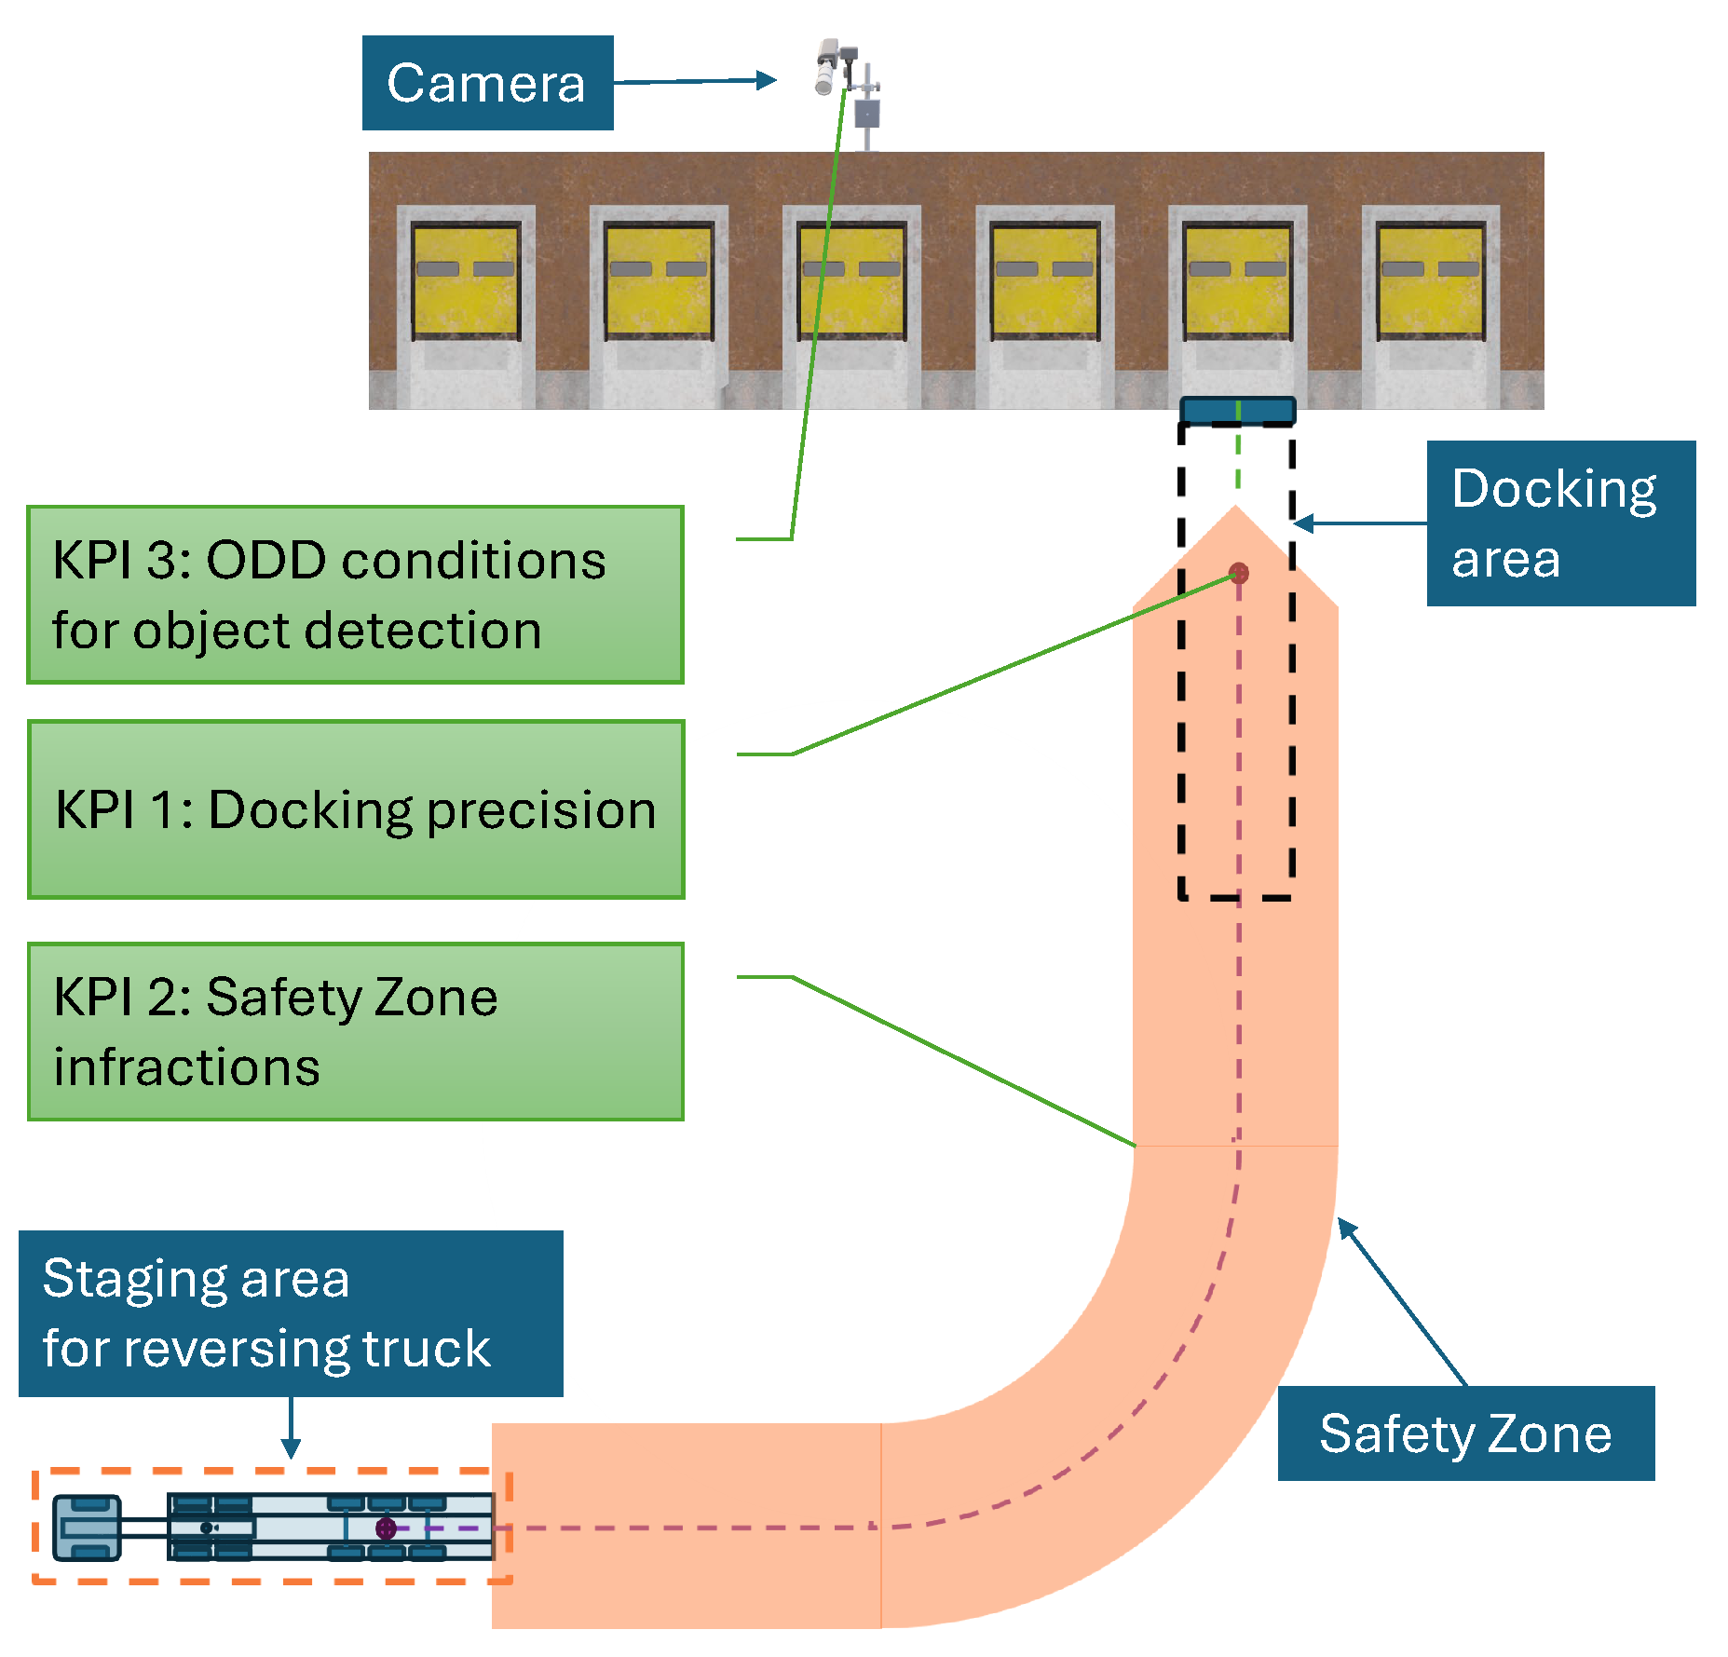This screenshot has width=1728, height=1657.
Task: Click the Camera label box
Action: (487, 83)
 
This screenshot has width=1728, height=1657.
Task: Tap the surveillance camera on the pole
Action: (830, 65)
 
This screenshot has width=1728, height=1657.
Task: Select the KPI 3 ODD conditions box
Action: (355, 594)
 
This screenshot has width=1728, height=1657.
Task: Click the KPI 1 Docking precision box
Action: (356, 808)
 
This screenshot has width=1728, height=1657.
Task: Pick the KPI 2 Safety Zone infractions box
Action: (355, 1031)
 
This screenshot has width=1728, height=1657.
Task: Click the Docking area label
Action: (1560, 523)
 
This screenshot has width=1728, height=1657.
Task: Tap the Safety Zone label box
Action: (1465, 1433)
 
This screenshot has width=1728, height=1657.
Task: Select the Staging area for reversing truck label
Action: (291, 1313)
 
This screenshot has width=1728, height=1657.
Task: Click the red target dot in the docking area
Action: (1238, 572)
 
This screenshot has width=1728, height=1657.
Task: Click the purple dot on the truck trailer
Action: (386, 1528)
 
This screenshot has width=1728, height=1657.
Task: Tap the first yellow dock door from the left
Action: (466, 280)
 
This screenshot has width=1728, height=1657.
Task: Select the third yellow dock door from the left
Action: (851, 280)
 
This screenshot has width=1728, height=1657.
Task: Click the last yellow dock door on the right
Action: (1431, 280)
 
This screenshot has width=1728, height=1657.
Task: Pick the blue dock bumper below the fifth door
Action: (1237, 411)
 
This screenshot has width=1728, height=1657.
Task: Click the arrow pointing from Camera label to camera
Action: (694, 82)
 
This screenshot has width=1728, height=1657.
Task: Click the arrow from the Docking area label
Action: (1360, 523)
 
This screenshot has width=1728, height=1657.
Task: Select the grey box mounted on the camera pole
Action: (867, 114)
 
